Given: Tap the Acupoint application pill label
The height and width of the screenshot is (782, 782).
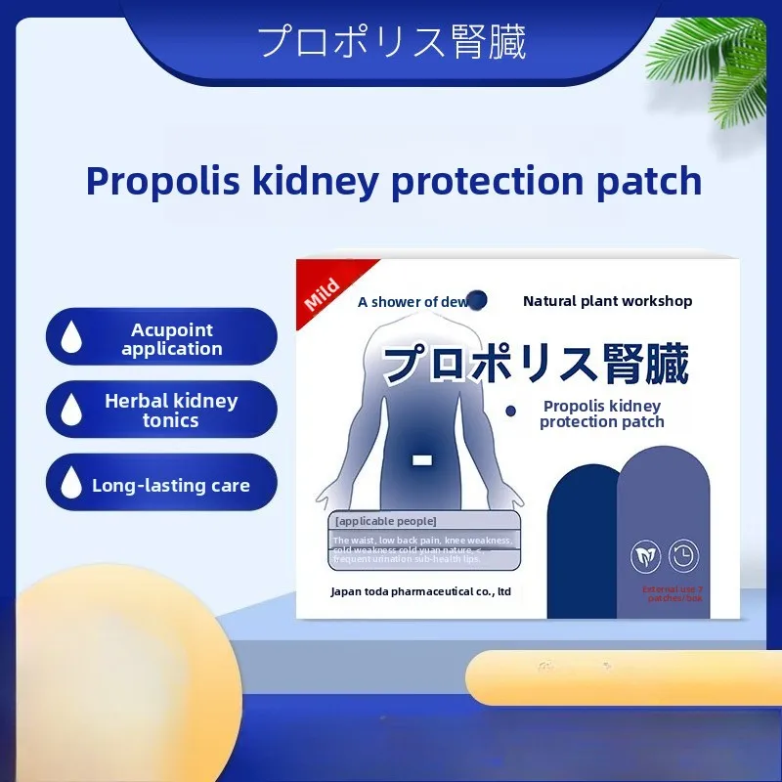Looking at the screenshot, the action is (x=172, y=339).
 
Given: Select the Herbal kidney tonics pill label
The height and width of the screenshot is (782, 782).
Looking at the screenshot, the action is (x=171, y=411).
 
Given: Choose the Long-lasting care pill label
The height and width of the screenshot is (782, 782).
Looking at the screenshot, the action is (x=171, y=485).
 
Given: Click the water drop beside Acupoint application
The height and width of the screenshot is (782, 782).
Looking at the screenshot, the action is (x=71, y=338).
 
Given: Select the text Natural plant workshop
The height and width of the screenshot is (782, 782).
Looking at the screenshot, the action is (x=607, y=301).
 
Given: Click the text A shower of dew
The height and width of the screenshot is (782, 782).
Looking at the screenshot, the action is (x=413, y=302).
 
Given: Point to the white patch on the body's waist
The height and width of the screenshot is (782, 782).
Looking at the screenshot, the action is (x=422, y=458).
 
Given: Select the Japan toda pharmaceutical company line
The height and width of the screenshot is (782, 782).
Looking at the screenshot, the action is (x=421, y=591).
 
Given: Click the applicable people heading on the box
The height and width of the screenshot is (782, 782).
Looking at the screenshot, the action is (x=385, y=520).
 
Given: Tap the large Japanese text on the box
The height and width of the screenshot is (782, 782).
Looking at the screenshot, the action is (x=536, y=364).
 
